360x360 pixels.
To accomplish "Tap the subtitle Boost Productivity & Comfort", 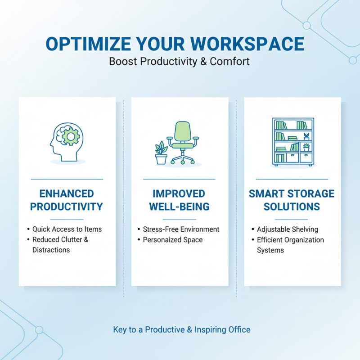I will pos(179,61).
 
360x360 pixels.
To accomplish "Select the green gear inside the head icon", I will pos(70,136).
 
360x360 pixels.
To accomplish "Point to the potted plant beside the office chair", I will pos(161,153).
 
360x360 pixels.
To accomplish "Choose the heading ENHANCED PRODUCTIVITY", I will pos(67,200).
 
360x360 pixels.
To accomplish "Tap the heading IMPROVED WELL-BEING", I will pos(179,200).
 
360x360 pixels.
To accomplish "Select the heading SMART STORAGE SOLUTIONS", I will pos(292,200).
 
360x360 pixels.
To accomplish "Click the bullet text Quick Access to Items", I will pos(67,229).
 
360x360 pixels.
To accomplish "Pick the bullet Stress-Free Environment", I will pos(181,229).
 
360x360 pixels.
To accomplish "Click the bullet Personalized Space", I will pos(172,240).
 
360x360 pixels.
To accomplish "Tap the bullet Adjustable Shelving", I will pos(288,229).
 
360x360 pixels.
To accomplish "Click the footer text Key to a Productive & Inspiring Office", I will pos(181,330).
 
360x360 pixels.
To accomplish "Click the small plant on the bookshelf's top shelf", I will pos(306,136).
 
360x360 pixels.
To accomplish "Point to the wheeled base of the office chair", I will pos(183,159).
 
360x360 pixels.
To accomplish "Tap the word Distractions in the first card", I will pos(51,250).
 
